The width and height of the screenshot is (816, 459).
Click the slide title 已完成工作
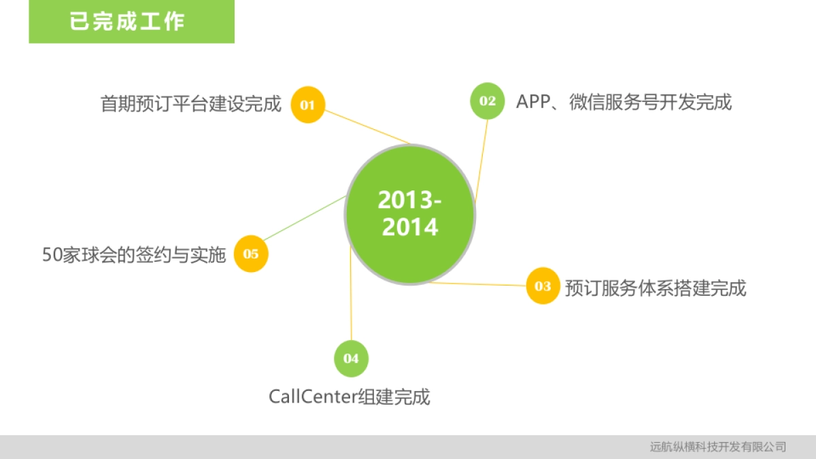[x=127, y=22]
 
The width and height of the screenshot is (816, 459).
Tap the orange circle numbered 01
[x=308, y=105]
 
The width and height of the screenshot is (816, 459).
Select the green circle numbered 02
[x=488, y=101]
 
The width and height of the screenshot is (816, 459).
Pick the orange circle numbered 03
[x=543, y=286]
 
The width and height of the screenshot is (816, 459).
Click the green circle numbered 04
[x=351, y=359]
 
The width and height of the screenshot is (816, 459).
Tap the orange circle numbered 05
[x=251, y=254]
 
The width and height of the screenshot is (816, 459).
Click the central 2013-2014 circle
[x=410, y=214]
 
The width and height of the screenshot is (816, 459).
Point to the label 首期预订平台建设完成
[x=191, y=104]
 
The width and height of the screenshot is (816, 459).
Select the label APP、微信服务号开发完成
[x=624, y=101]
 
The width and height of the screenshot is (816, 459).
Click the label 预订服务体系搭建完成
[x=656, y=288]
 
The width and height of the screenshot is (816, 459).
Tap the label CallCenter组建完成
[x=350, y=396]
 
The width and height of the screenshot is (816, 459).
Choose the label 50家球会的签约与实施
[x=134, y=254]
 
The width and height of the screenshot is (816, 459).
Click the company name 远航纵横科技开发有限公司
[x=718, y=447]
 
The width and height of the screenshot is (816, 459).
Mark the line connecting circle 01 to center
[x=367, y=127]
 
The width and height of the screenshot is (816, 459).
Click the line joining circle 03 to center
[x=478, y=284]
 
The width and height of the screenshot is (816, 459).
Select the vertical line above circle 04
[x=351, y=293]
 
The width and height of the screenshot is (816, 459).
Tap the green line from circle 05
[x=305, y=218]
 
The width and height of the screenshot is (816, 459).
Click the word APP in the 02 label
[x=533, y=101]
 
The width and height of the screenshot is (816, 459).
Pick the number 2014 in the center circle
[x=410, y=227]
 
